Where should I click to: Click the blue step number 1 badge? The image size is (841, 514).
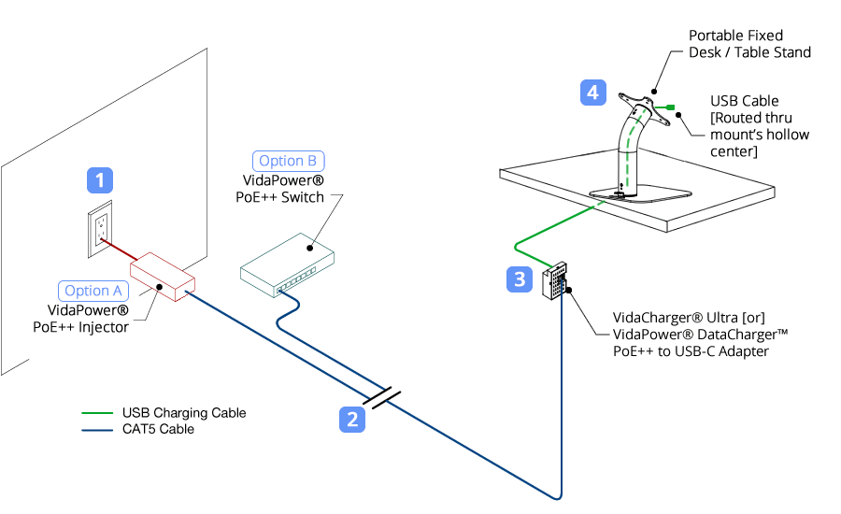[x=100, y=180]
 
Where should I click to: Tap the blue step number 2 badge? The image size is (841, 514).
[x=351, y=420]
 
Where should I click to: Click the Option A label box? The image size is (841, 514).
[x=93, y=291]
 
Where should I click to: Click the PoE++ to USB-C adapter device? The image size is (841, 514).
[x=556, y=279]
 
